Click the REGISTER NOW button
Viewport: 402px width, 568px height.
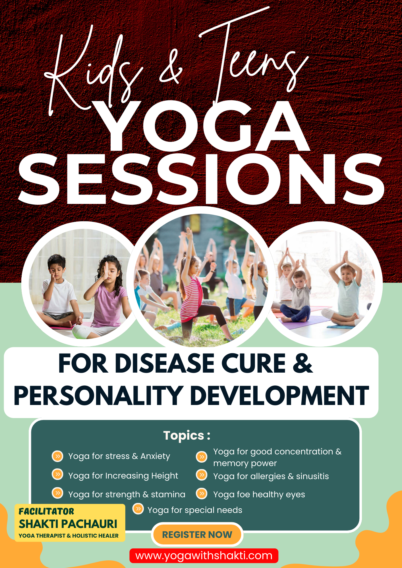click(197, 534)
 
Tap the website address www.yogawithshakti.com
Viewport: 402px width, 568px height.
click(204, 556)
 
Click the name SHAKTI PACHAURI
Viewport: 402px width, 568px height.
click(68, 524)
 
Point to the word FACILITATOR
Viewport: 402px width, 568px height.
click(46, 511)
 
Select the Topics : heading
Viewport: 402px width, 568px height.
click(187, 435)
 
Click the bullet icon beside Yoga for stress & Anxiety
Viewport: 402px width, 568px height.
click(57, 456)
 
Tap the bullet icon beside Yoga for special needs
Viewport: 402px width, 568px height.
click(138, 509)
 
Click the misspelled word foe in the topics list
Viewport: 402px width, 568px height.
click(243, 494)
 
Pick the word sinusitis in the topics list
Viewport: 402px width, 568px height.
click(312, 476)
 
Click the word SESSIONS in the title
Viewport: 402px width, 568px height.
click(201, 179)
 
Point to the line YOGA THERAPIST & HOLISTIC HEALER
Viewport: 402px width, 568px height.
click(69, 536)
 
